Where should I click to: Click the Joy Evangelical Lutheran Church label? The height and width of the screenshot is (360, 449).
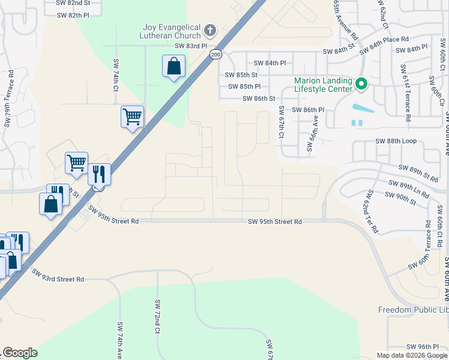coord(173,31)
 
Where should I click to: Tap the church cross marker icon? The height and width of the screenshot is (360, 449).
coord(210,29)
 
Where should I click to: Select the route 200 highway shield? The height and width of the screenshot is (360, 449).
coord(215,55)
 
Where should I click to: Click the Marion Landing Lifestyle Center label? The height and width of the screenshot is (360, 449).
coord(323,85)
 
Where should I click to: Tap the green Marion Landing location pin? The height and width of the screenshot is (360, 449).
coord(361,84)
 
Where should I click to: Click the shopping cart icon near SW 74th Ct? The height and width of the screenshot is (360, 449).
coord(132,117)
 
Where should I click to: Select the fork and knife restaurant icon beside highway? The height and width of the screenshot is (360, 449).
coord(99,175)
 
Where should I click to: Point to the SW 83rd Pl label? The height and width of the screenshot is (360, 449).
coord(190,46)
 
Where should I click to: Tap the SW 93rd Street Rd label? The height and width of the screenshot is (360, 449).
coord(59,279)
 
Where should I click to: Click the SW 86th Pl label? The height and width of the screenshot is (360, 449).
coord(308,110)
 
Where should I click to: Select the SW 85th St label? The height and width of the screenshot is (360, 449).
coord(241,75)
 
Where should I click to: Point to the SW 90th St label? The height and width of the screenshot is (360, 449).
coord(400,196)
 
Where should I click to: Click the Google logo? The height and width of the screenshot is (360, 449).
coord(20,353)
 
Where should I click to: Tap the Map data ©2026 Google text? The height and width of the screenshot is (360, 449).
coord(411,355)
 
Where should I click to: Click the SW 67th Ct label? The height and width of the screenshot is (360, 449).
coord(281,121)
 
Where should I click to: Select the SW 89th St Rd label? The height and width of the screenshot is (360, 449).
coord(418,174)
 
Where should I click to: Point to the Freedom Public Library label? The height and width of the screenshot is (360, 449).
coord(413,310)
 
